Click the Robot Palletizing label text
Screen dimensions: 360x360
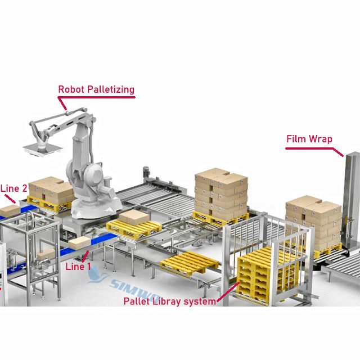click(97, 89)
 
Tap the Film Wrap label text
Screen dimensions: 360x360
click(309, 139)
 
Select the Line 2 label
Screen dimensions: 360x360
click(13, 188)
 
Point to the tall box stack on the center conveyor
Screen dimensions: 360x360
click(220, 191)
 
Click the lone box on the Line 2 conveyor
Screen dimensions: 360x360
click(10, 211)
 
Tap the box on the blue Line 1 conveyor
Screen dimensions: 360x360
click(78, 242)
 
